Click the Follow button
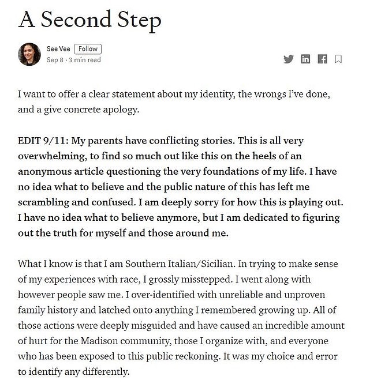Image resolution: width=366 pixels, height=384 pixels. point(88,49)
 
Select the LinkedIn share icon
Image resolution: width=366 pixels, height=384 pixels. point(306,59)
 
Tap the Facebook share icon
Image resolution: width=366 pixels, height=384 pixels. point(323,59)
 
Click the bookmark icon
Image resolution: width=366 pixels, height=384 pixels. point(339,59)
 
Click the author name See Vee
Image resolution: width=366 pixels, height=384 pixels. point(59,49)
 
